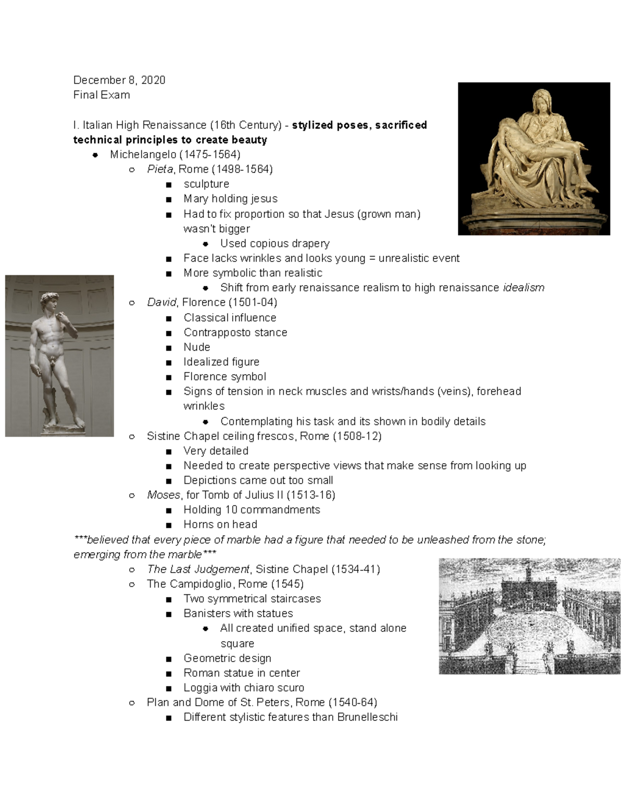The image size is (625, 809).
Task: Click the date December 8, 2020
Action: click(119, 80)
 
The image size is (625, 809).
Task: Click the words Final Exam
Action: click(102, 95)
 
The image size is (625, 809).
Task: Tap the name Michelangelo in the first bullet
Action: click(143, 154)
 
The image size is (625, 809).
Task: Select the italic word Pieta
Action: click(160, 169)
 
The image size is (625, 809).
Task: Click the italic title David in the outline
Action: click(161, 303)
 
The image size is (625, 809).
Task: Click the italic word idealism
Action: click(523, 288)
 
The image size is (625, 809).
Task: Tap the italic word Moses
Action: click(163, 495)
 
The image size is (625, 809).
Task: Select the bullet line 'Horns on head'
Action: click(220, 525)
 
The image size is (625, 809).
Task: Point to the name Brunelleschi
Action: click(367, 717)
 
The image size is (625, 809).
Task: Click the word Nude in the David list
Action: click(197, 347)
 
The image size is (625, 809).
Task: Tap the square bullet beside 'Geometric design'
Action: click(169, 659)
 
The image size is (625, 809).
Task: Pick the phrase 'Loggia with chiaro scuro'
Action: click(244, 688)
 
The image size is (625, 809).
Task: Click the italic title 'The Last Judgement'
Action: click(198, 569)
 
